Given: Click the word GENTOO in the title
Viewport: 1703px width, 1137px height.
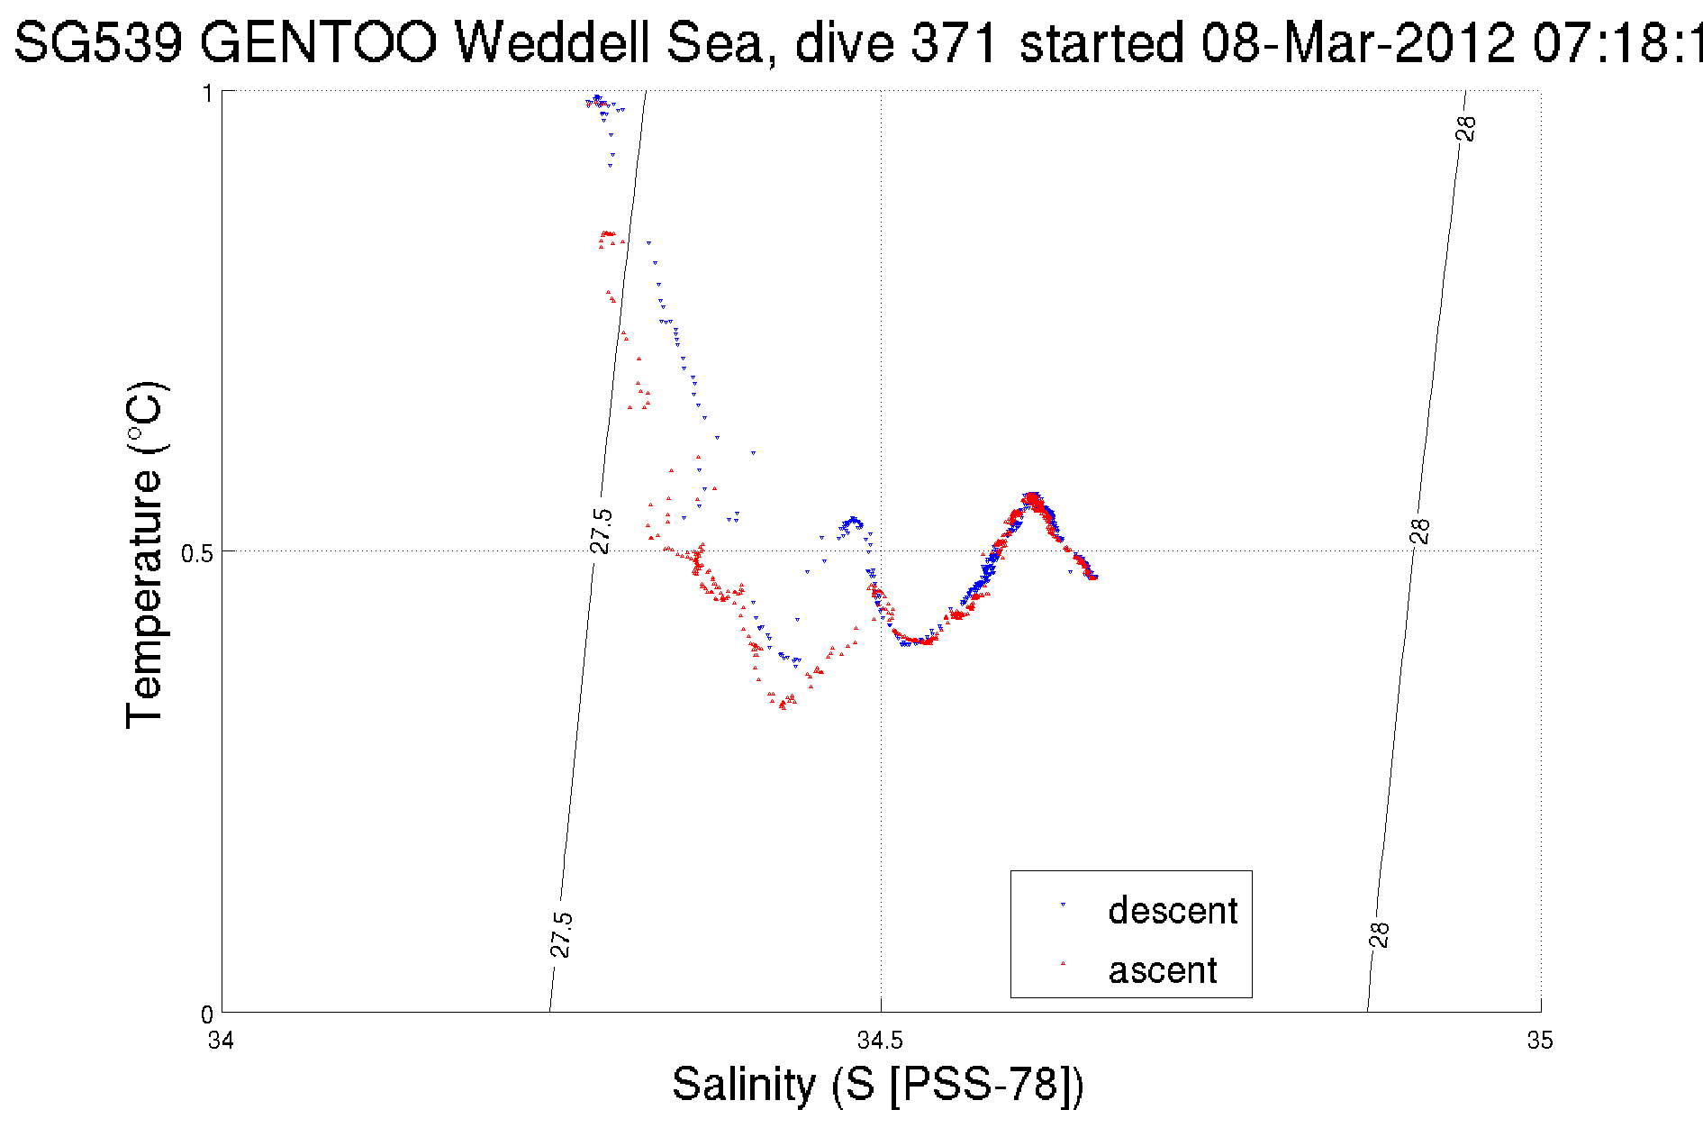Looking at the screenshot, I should tap(318, 41).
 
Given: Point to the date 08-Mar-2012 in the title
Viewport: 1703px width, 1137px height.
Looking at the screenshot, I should tap(1358, 41).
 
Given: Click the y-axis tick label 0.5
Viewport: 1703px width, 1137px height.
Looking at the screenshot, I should tap(196, 552).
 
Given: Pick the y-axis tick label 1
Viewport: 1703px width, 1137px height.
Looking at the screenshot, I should tap(207, 94).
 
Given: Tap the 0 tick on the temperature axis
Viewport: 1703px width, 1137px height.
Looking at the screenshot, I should tap(206, 1014).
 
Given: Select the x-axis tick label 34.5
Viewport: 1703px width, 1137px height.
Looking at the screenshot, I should tap(880, 1041).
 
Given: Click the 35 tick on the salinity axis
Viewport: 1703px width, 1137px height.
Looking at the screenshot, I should tap(1540, 1041).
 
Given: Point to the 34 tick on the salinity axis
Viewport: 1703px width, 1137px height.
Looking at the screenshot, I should tap(221, 1041).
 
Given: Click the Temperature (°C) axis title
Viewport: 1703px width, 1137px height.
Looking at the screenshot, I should tap(144, 554).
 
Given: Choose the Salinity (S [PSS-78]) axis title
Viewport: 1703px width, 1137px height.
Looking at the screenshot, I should tap(878, 1084).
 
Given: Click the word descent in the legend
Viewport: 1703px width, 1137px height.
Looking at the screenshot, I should tap(1173, 911).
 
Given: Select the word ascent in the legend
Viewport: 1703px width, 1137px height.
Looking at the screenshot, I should tap(1163, 970).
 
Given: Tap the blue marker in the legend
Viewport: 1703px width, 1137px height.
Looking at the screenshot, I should tap(1063, 905).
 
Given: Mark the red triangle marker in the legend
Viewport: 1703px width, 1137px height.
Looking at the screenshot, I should tap(1063, 963).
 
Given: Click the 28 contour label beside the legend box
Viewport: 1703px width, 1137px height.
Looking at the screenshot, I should tap(1380, 935).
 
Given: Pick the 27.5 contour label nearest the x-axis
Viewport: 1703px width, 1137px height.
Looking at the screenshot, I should tap(560, 934).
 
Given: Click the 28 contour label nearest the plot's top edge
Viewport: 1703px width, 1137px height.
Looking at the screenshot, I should tap(1466, 129).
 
